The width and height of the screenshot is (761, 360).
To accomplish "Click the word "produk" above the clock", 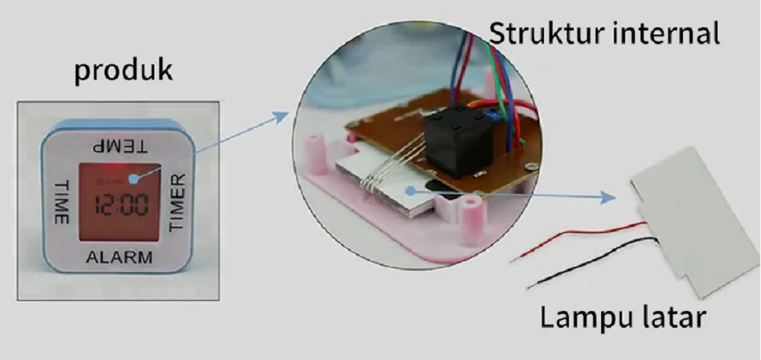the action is (123, 71).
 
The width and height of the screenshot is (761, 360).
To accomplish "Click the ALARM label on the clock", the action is (119, 257).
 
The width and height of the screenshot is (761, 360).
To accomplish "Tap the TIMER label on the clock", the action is (177, 202).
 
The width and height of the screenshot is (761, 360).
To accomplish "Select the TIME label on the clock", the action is (60, 202).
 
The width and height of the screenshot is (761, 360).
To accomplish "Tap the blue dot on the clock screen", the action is (133, 179).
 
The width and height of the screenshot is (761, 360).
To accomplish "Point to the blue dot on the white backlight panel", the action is (411, 191).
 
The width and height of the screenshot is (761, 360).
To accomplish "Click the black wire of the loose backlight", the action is (592, 263).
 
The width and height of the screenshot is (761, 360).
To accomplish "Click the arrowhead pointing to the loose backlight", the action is (608, 198).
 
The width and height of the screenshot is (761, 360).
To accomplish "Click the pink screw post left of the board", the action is (313, 153).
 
